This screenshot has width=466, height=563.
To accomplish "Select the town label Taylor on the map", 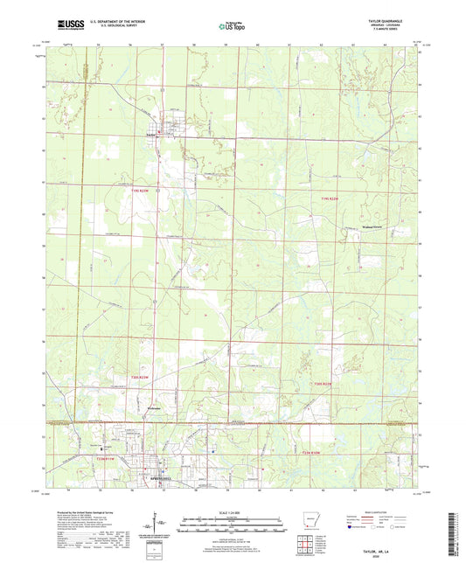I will coord(151,136).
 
